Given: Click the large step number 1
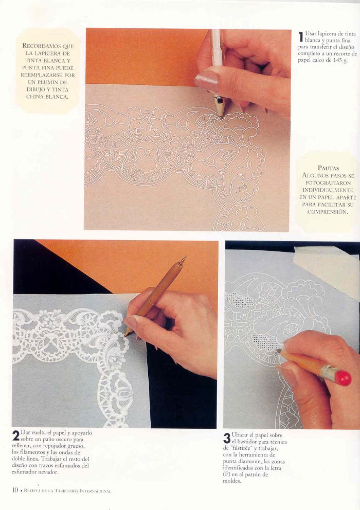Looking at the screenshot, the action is point(301,36).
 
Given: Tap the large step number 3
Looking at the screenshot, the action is point(227,438).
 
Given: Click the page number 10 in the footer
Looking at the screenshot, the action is point(15,490).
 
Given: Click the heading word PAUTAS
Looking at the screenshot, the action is point(328,168).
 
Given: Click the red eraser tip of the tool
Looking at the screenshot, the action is point(344,378).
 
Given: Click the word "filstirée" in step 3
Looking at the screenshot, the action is point(241,448).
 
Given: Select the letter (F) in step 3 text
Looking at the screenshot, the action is point(227,474).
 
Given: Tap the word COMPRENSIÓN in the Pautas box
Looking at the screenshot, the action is point(328,212).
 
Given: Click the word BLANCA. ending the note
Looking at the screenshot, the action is point(57,97).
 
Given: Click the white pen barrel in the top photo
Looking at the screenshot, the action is point(217,62).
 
